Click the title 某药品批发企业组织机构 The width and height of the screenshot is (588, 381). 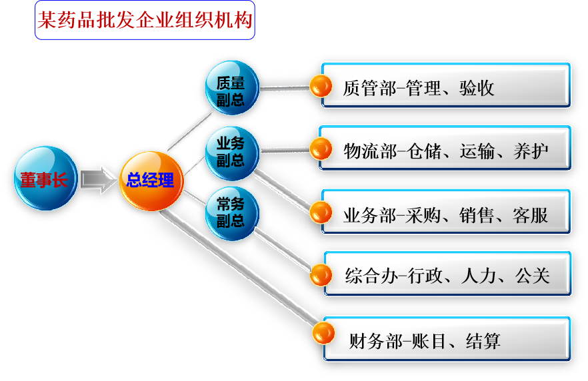click(x=145, y=21)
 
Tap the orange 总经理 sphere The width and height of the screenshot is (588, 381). click(x=151, y=180)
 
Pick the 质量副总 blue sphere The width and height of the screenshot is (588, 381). click(x=231, y=89)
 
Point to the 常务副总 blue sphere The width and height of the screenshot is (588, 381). click(x=231, y=213)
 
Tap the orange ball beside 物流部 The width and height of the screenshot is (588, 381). click(x=321, y=149)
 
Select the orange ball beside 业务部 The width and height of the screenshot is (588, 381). click(x=321, y=212)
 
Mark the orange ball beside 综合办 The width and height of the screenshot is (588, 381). click(x=321, y=274)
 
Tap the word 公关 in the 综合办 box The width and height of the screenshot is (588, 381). click(x=532, y=275)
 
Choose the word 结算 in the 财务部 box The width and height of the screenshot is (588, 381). click(x=483, y=342)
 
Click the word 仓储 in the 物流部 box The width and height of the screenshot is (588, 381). click(x=423, y=151)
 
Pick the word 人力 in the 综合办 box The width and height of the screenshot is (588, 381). click(x=479, y=275)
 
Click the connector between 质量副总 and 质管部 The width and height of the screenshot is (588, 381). click(x=285, y=87)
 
